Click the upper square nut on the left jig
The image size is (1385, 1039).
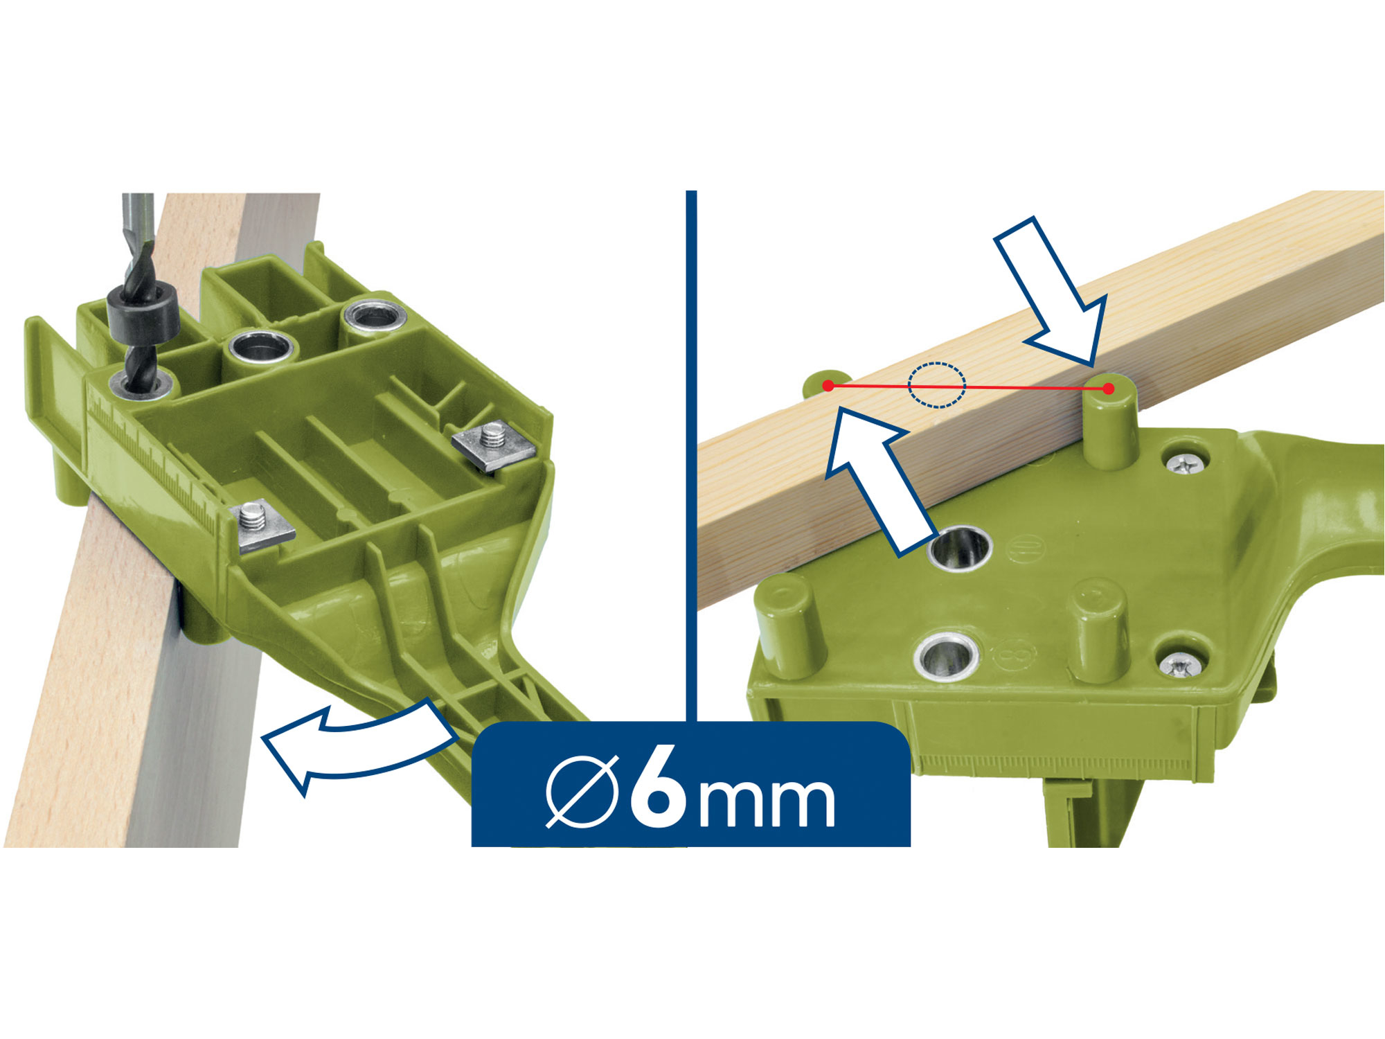click(494, 445)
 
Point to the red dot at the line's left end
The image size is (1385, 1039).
click(828, 385)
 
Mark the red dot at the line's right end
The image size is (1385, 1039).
click(1109, 389)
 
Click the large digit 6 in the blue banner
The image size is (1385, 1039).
click(659, 787)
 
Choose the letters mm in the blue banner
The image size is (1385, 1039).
click(767, 800)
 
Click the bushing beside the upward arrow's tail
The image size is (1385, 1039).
click(960, 547)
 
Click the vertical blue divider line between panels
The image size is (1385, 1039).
click(691, 456)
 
